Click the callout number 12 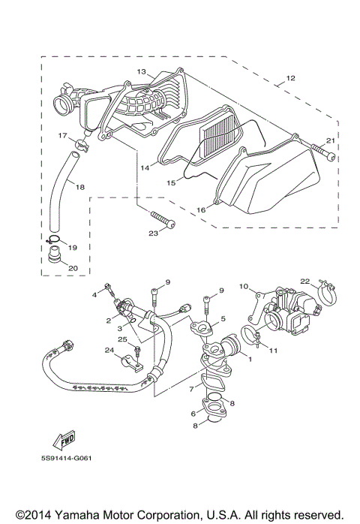290,77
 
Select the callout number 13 139,71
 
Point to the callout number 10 244,286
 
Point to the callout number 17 64,135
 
